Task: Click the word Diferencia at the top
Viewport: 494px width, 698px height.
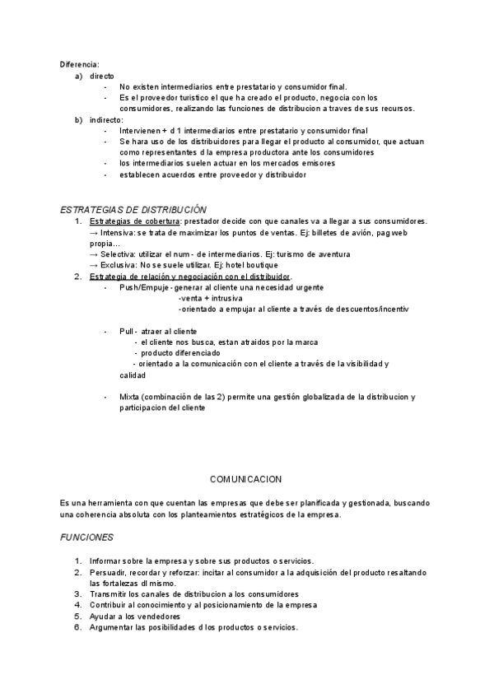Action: [79, 63]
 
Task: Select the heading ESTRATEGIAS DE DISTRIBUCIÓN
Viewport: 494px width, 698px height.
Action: [134, 210]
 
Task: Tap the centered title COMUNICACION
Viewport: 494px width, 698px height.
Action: [246, 478]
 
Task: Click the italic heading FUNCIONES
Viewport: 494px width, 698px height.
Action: [87, 536]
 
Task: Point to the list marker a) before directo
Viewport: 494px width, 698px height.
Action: [78, 75]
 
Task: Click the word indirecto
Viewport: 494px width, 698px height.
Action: [106, 119]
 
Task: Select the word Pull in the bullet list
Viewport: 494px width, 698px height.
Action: [127, 331]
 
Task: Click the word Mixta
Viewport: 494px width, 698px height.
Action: [130, 397]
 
